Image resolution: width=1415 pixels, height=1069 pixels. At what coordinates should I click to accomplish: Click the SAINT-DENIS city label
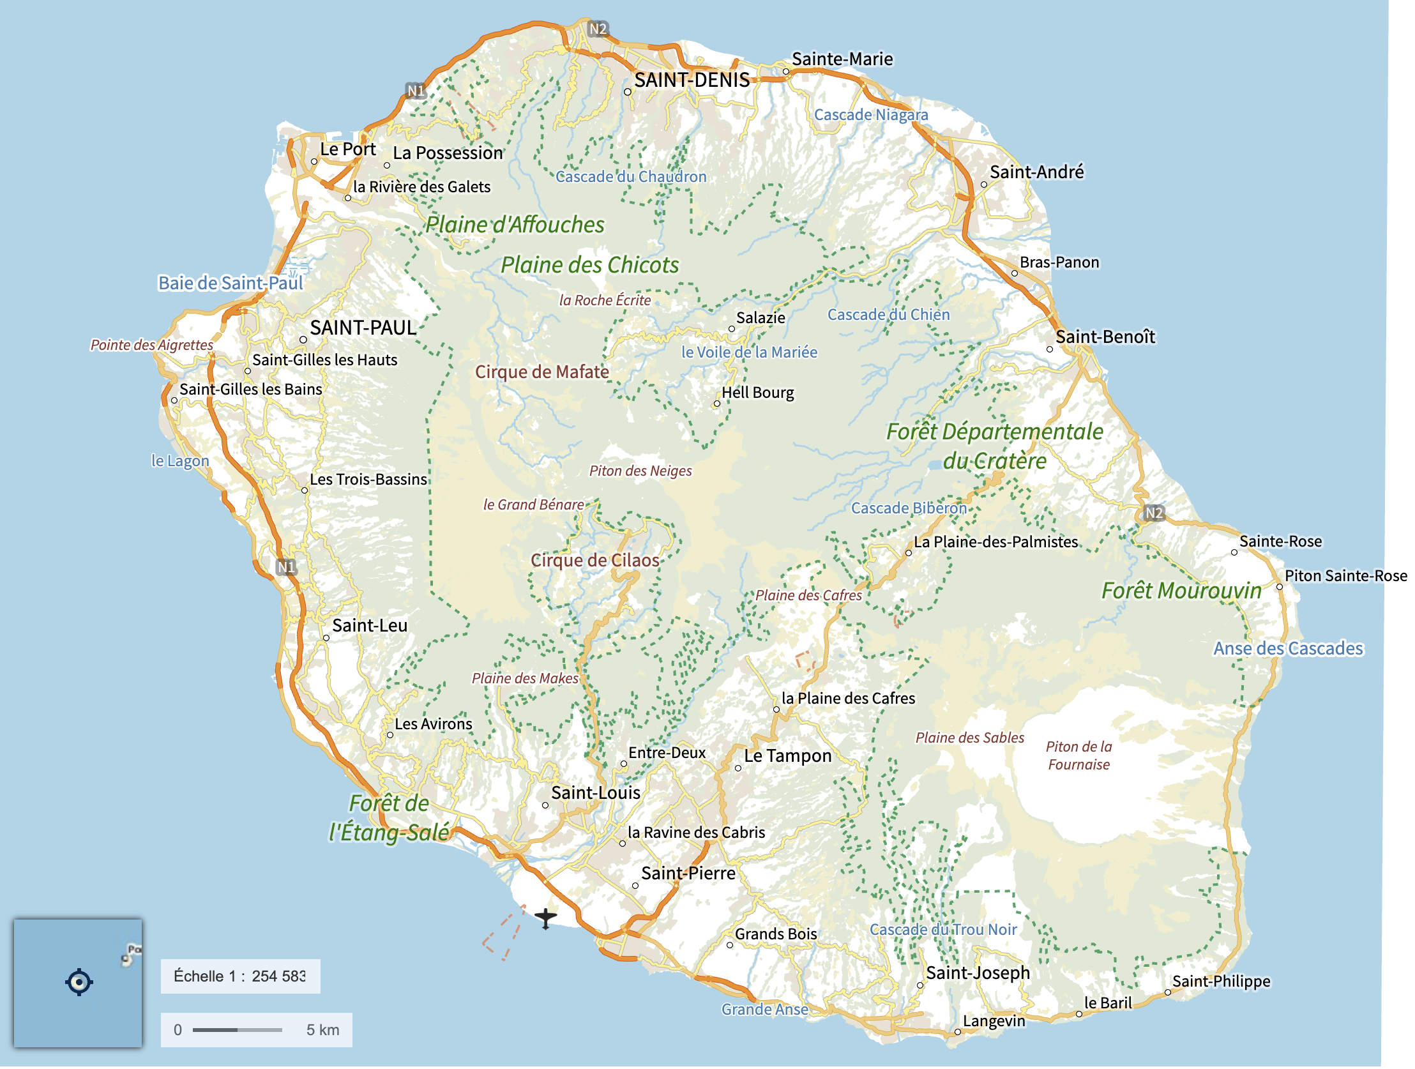tap(692, 80)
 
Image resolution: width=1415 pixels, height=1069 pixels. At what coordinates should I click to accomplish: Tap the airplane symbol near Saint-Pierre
tap(546, 919)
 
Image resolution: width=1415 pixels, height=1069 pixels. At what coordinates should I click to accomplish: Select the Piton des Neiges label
tap(640, 471)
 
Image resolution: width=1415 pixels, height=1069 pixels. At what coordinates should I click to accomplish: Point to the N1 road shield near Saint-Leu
tap(287, 568)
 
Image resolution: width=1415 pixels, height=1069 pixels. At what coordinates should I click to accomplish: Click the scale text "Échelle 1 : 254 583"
tap(240, 977)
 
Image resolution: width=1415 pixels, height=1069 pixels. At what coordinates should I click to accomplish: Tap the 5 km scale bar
tap(238, 1031)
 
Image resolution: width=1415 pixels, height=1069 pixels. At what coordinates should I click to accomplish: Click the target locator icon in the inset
tap(79, 983)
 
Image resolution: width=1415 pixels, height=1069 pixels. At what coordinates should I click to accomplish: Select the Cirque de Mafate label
tap(542, 372)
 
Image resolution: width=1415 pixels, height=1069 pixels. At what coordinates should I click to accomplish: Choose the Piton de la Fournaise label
tap(1078, 756)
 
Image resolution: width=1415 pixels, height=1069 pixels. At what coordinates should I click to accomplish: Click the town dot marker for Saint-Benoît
tap(1050, 350)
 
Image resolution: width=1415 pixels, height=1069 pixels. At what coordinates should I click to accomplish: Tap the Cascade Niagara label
tap(870, 115)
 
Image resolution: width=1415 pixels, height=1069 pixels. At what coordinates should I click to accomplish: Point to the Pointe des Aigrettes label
tap(151, 345)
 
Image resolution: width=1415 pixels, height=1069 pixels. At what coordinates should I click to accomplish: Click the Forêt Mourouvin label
tap(1181, 591)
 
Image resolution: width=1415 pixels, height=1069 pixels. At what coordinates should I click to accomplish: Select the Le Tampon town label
tap(787, 757)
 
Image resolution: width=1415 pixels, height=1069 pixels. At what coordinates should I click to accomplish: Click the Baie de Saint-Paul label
tap(231, 284)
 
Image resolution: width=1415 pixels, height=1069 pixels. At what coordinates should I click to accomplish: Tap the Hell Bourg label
tap(757, 393)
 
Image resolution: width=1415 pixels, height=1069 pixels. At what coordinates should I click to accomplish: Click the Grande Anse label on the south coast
tap(764, 1010)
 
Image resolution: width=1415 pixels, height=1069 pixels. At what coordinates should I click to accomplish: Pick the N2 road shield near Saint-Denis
tap(598, 29)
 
